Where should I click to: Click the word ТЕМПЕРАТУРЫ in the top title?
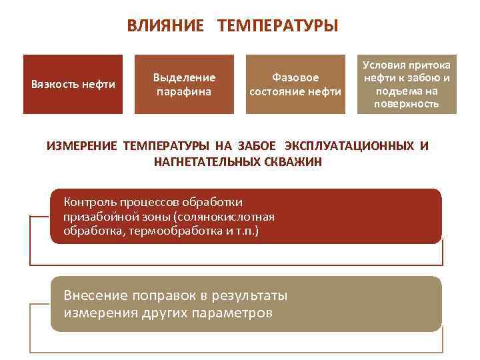pyautogui.click(x=278, y=26)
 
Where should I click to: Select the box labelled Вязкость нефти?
pyautogui.click(x=73, y=84)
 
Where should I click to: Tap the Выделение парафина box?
pyautogui.click(x=184, y=84)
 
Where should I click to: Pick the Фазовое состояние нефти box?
pyautogui.click(x=295, y=84)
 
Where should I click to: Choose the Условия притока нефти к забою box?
pyautogui.click(x=407, y=84)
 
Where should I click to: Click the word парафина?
pyautogui.click(x=184, y=91)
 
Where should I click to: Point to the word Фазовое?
pyautogui.click(x=295, y=77)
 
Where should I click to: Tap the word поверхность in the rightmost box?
pyautogui.click(x=407, y=104)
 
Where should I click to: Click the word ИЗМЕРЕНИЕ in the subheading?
pyautogui.click(x=82, y=147)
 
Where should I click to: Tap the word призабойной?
pyautogui.click(x=98, y=217)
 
